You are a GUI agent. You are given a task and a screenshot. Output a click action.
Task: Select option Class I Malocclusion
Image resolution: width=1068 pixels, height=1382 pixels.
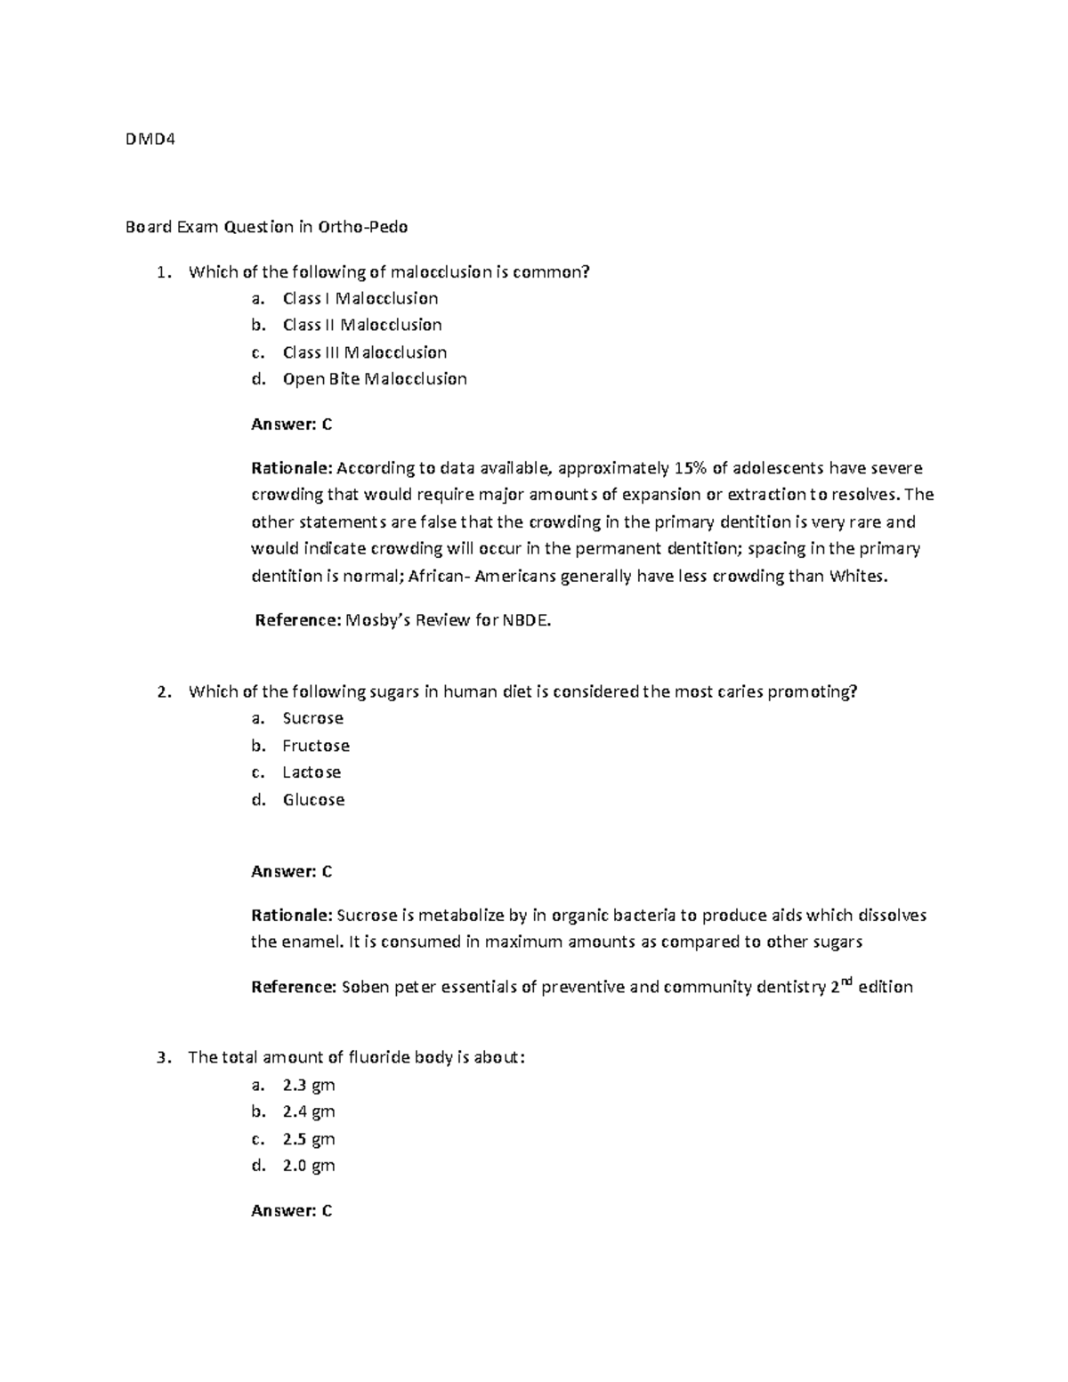pyautogui.click(x=360, y=298)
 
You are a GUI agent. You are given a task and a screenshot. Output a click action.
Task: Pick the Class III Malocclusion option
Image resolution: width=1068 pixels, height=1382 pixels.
pyautogui.click(x=364, y=352)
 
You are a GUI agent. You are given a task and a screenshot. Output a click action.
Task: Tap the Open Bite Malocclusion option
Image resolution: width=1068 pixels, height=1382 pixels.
pyautogui.click(x=374, y=379)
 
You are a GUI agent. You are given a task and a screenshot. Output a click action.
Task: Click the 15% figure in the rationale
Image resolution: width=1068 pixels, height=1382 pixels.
pyautogui.click(x=690, y=468)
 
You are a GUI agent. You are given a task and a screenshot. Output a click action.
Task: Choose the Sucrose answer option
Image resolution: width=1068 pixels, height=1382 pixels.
pyautogui.click(x=312, y=718)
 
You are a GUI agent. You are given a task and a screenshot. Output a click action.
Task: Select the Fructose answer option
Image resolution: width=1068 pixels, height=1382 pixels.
pyautogui.click(x=316, y=746)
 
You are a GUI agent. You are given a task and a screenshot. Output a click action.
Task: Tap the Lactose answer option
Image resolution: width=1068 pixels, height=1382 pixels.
pyautogui.click(x=311, y=772)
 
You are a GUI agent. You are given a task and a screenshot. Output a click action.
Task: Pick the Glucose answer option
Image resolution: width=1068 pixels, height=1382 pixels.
pyautogui.click(x=313, y=800)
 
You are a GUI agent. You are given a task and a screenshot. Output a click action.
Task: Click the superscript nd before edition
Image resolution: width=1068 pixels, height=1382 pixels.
pyautogui.click(x=846, y=982)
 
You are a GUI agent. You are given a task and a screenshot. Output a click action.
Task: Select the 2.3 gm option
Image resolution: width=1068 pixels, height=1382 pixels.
pyautogui.click(x=308, y=1085)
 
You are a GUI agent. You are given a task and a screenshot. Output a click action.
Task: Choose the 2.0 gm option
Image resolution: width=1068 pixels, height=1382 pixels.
pyautogui.click(x=308, y=1166)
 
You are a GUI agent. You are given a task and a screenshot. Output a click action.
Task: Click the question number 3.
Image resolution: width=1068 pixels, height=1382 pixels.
pyautogui.click(x=161, y=1058)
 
